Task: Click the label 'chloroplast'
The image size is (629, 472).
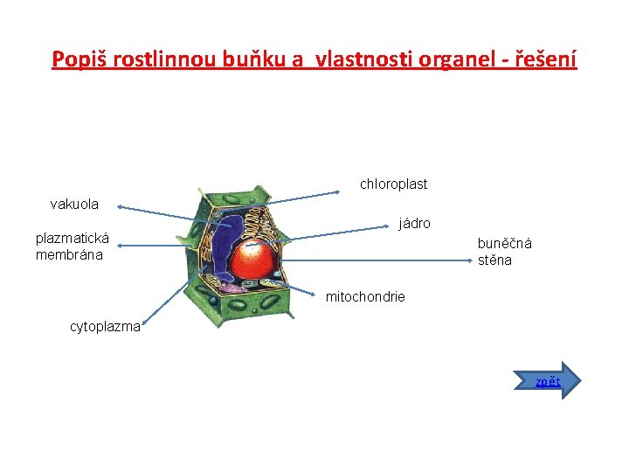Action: [393, 184]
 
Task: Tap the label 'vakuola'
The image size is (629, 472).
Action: [74, 205]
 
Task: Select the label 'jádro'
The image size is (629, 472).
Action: [414, 224]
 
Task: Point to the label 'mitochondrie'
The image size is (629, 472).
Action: [365, 297]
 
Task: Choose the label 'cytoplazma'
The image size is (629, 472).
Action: [105, 327]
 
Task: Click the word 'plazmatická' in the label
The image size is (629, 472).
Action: [73, 238]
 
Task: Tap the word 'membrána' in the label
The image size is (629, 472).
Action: [69, 255]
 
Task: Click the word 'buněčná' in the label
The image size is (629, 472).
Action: [504, 244]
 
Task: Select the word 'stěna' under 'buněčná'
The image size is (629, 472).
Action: [494, 260]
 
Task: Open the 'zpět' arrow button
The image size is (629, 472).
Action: [557, 380]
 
